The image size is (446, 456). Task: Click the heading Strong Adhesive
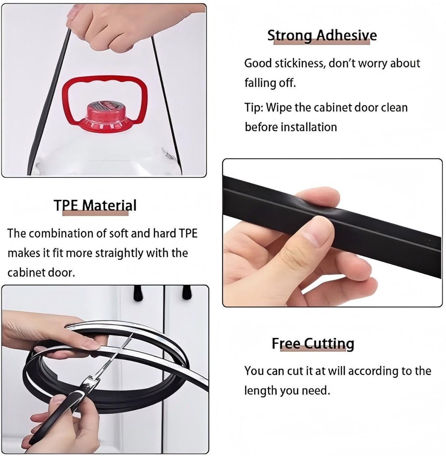(x=322, y=36)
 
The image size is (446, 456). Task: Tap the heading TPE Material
(x=95, y=205)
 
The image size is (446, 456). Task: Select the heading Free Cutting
(x=313, y=343)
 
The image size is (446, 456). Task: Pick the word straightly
(x=119, y=254)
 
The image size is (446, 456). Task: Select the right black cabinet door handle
(x=187, y=293)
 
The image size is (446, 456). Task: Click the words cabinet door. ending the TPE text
(x=41, y=273)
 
